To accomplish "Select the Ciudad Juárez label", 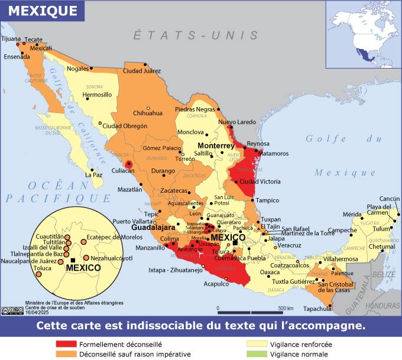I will [141, 71].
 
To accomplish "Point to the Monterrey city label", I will [216, 145].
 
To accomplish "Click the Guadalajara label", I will [153, 227].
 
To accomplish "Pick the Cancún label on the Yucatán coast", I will [390, 199].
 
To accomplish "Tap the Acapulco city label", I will [216, 284].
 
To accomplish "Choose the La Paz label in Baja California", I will [94, 175].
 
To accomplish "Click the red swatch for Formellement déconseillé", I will [66, 344].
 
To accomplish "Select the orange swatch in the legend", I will [66, 354].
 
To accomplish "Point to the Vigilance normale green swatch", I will [257, 354].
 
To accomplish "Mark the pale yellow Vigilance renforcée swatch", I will [257, 344].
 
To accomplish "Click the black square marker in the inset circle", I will [72, 260].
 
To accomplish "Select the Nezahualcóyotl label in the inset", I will [112, 258].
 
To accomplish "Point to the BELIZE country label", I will [387, 274].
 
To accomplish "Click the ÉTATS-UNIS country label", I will [196, 35].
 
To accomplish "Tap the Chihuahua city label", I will [148, 113].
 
